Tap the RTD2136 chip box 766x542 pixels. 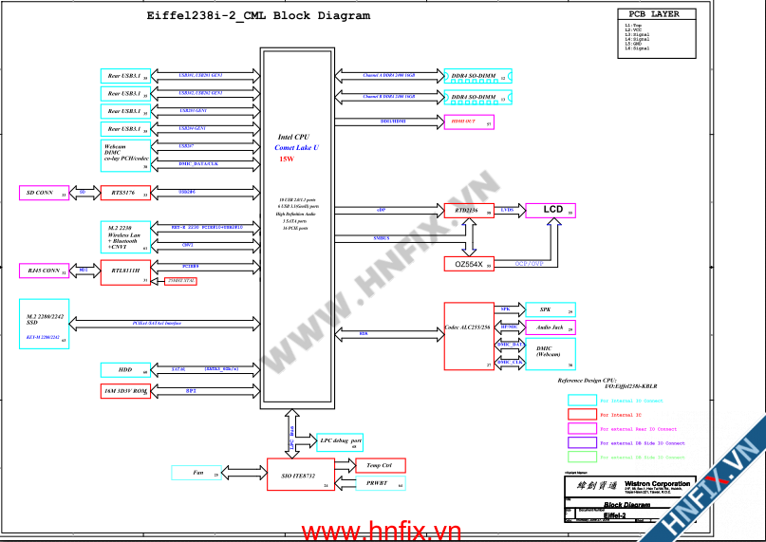(469, 211)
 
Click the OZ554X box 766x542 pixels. (469, 264)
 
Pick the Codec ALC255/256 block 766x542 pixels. (469, 335)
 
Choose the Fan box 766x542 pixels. (197, 473)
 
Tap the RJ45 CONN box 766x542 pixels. (45, 271)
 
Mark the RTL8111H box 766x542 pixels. (125, 271)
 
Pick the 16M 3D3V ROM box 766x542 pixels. (125, 390)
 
